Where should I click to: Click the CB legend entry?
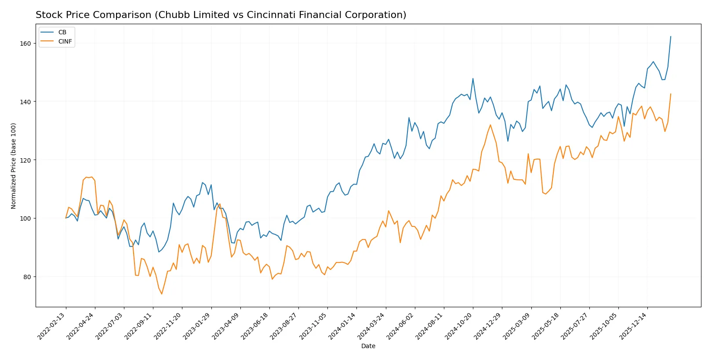(62, 32)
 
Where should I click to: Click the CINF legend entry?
(65, 41)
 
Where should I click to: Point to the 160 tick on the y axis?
(25, 44)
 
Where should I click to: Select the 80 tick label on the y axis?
(27, 277)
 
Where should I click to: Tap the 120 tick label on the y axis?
(25, 160)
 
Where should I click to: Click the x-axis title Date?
(368, 346)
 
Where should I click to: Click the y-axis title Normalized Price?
(14, 166)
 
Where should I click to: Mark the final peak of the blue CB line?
(671, 36)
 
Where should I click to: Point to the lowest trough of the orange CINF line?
(162, 294)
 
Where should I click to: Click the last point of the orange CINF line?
(671, 94)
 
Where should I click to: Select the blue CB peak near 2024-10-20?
(473, 79)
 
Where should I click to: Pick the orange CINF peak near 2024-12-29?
(490, 125)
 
